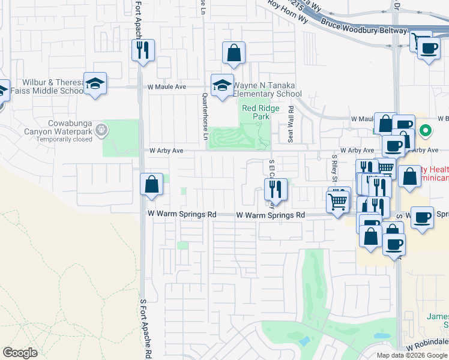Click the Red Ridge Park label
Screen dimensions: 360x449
(256, 112)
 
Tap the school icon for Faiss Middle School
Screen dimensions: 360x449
(95, 84)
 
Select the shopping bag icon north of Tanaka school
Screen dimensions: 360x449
(234, 53)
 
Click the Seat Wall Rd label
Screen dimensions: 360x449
(291, 124)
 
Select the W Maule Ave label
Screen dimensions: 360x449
(167, 87)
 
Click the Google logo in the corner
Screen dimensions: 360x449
(20, 353)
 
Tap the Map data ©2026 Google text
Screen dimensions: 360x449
(412, 355)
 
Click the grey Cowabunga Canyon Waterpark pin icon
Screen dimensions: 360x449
(101, 128)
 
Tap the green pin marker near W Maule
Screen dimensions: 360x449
(426, 130)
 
